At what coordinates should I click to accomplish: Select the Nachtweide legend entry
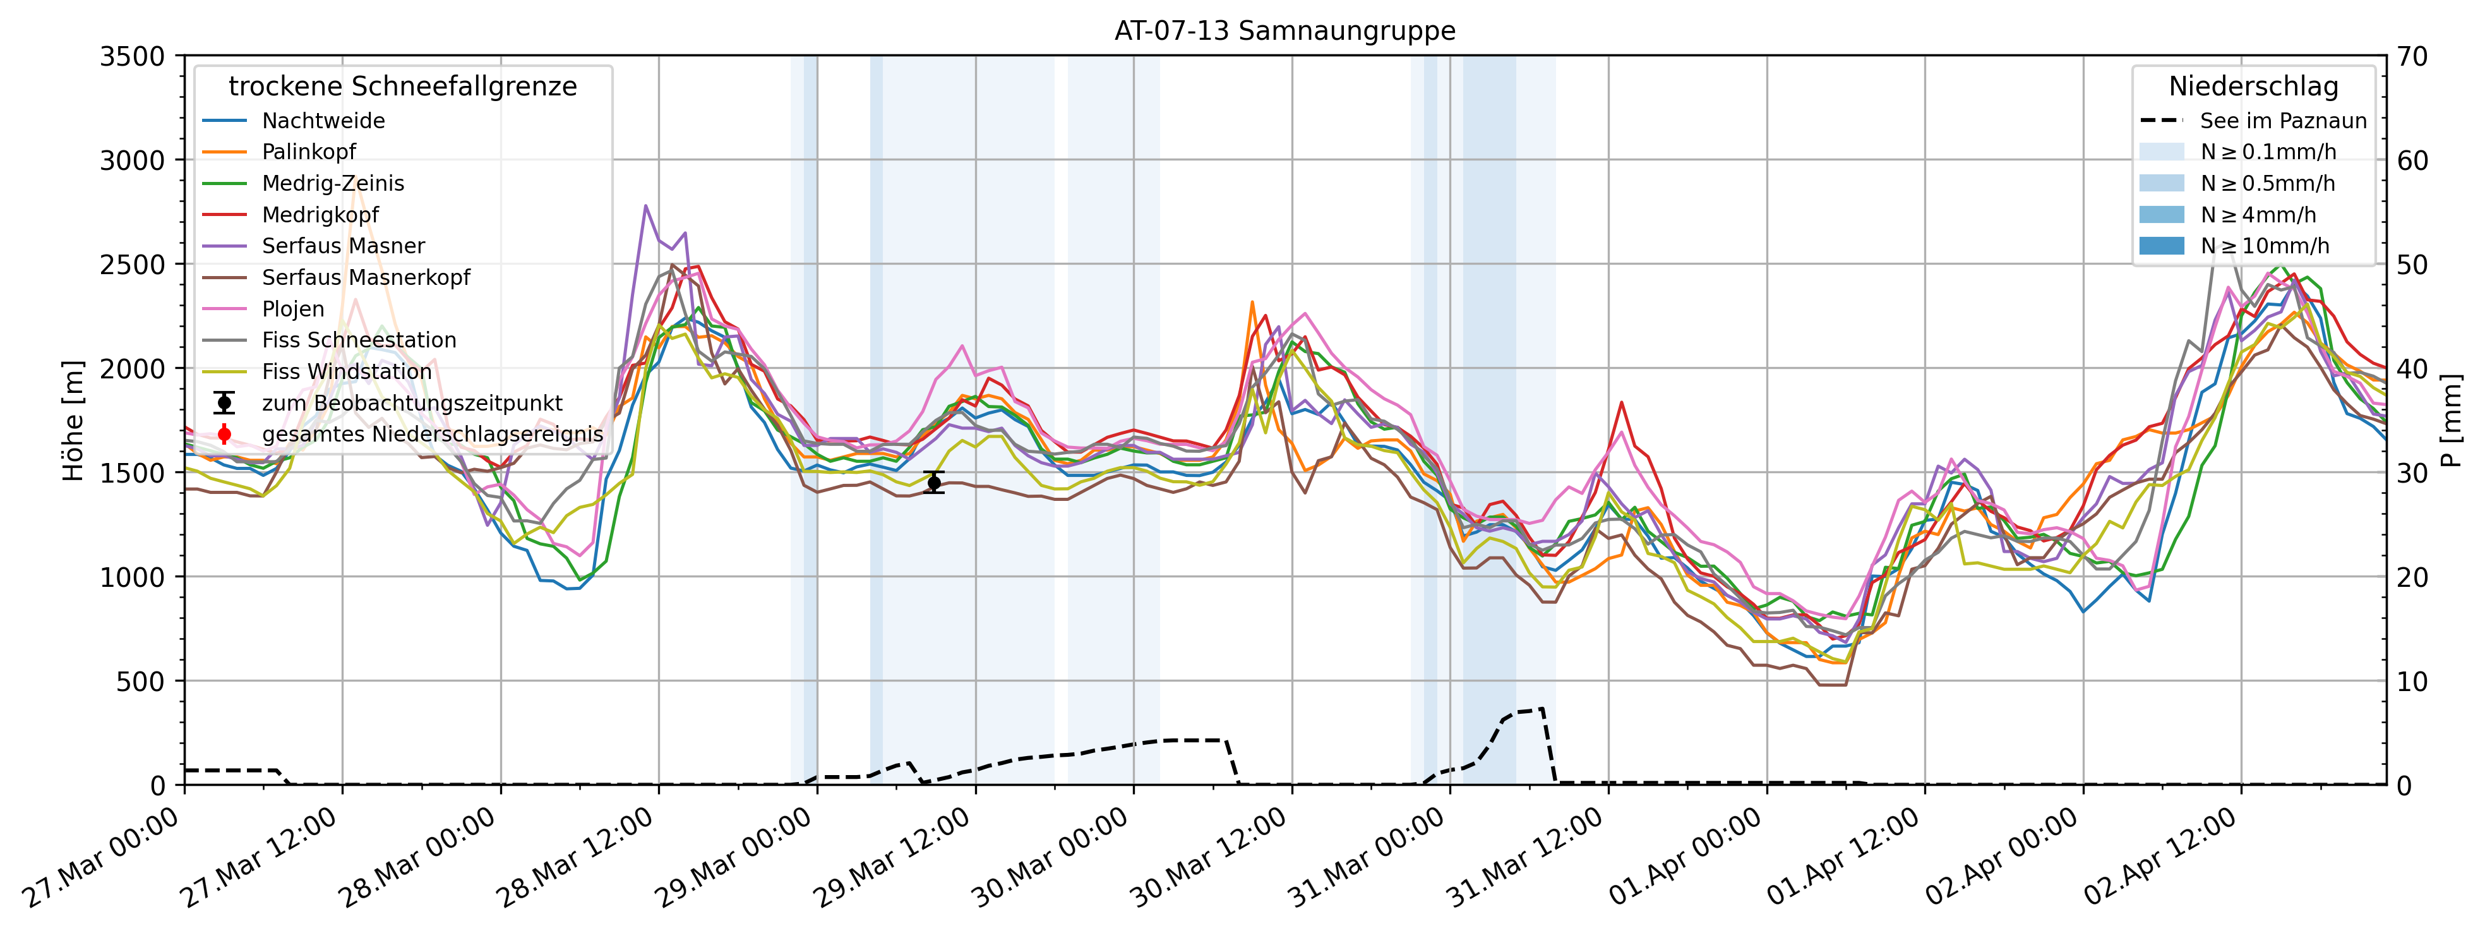[x=323, y=121]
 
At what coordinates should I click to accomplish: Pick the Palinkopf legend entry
[x=309, y=152]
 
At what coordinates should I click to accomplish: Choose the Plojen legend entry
[x=293, y=309]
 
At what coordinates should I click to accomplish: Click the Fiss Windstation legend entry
[x=346, y=371]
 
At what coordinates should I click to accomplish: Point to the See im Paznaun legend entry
[x=2282, y=121]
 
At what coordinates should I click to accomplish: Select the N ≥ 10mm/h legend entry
[x=2264, y=246]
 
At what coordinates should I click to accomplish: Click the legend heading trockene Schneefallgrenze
[x=402, y=87]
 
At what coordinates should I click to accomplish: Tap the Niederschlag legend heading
[x=2253, y=87]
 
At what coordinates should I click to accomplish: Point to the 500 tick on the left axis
[x=141, y=681]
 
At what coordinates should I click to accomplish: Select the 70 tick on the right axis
[x=2412, y=57]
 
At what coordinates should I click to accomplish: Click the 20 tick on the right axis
[x=2412, y=577]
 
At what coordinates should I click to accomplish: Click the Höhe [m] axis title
[x=73, y=421]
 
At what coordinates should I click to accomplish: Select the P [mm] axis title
[x=2452, y=421]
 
